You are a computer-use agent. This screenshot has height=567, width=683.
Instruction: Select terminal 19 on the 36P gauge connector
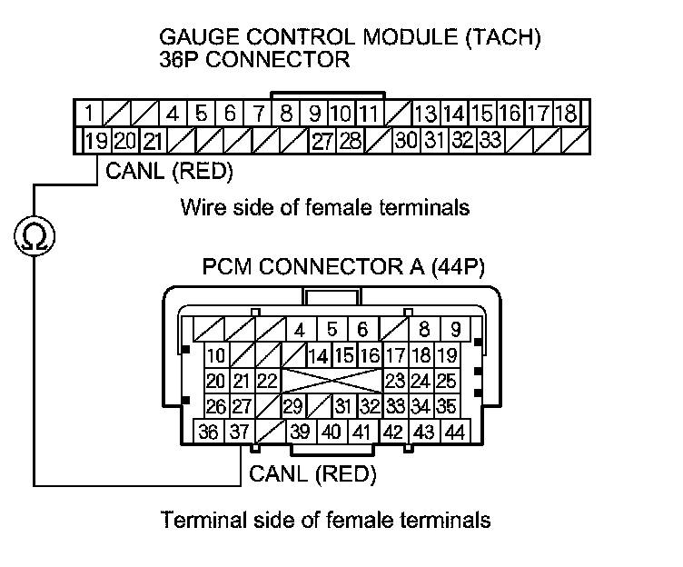95,141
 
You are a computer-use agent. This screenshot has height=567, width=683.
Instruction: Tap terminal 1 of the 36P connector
91,114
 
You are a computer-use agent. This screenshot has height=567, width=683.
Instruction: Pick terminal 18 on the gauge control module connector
566,114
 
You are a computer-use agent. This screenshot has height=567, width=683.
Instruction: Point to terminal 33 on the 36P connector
490,141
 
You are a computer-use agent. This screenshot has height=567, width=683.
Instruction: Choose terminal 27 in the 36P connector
322,141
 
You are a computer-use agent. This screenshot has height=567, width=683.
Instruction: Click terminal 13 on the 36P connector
424,114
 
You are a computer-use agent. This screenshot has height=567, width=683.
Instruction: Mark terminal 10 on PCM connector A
215,355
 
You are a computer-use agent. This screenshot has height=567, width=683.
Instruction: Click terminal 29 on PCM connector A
292,406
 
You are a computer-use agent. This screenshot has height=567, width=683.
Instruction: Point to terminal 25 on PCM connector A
446,381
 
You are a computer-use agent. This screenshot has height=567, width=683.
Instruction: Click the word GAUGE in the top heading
194,39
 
